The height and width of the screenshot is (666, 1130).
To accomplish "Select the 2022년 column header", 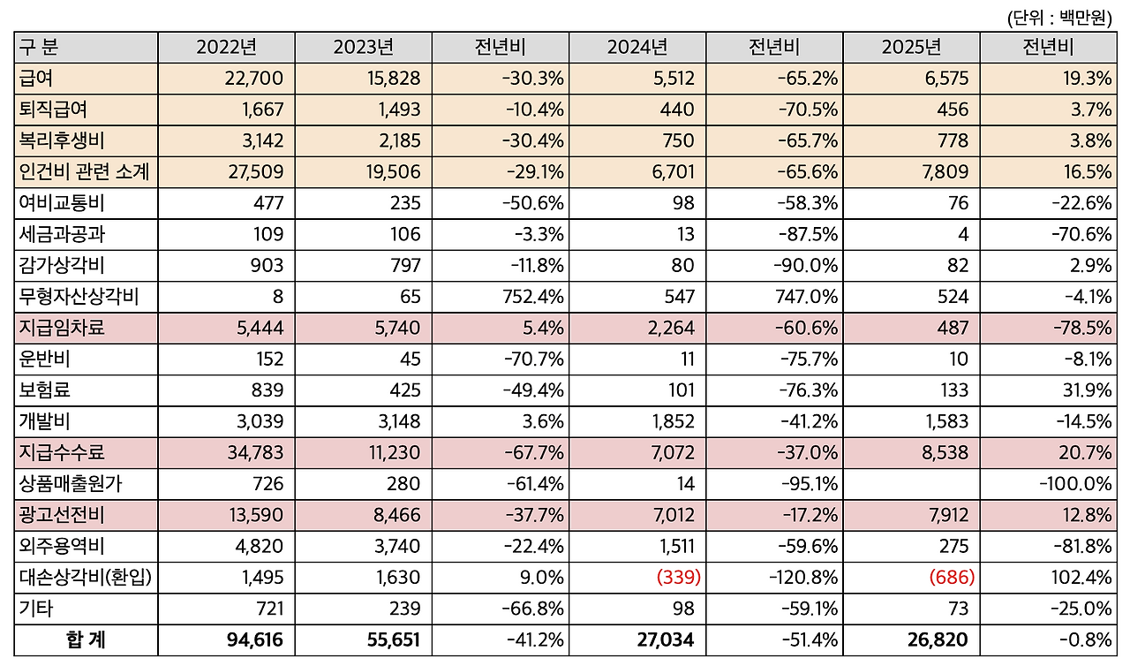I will click(x=226, y=48).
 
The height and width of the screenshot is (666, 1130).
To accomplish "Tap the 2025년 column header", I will click(x=911, y=48).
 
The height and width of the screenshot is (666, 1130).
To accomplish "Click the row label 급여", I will click(x=36, y=79).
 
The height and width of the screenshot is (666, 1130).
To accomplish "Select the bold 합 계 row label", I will click(x=85, y=640).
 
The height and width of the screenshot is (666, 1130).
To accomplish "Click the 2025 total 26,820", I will click(x=938, y=640).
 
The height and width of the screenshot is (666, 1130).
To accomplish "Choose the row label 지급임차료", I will click(x=62, y=328).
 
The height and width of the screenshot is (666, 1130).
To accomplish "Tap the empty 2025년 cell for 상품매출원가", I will click(x=911, y=484).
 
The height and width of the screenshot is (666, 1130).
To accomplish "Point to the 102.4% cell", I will click(x=1081, y=578).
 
